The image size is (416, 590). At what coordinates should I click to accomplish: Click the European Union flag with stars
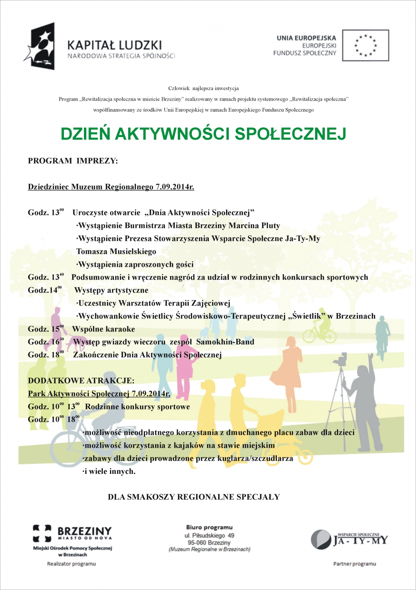tap(365, 45)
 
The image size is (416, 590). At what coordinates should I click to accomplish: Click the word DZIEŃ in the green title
tap(85, 134)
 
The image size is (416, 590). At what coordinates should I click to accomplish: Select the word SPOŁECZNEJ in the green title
tap(290, 134)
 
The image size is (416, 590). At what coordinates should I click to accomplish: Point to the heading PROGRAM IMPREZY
tap(73, 161)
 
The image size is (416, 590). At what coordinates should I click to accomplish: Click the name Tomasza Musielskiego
tap(116, 252)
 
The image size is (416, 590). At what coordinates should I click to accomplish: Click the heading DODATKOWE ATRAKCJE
tap(81, 381)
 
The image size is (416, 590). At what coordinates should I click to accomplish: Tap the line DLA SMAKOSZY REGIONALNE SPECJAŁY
tap(194, 497)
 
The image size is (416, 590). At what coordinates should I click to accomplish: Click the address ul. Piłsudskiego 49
tap(209, 536)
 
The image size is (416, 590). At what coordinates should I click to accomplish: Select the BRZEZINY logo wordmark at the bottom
tap(84, 531)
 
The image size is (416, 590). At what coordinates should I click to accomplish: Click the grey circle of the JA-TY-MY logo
tap(321, 539)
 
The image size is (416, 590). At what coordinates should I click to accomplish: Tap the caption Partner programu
tap(354, 564)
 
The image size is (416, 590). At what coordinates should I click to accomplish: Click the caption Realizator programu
tap(71, 564)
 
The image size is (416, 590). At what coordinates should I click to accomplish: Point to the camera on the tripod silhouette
tap(342, 359)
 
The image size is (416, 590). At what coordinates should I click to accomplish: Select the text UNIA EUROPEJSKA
tap(306, 38)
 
